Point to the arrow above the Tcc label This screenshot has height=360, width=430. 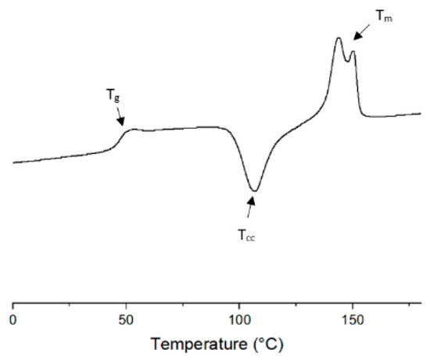[251, 207]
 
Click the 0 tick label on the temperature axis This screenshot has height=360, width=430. [13, 319]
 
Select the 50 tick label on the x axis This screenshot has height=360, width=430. [126, 319]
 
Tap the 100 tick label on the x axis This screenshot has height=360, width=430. [238, 319]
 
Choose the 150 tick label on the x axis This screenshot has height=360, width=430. [352, 319]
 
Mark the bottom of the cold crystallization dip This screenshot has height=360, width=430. [253, 190]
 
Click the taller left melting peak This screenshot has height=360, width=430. [339, 38]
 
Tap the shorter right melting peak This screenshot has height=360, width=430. [353, 52]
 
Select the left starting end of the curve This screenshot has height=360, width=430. [14, 162]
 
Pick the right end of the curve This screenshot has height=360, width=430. [420, 113]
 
